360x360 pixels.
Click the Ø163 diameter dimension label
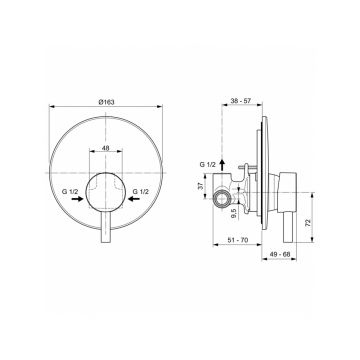106,102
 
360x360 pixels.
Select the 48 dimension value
106,148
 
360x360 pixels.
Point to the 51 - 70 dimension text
238,240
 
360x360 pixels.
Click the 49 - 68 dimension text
280,254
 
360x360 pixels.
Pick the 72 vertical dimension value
308,223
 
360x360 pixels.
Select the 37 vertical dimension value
201,186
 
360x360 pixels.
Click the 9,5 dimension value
234,213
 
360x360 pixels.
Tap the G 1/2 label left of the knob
70,192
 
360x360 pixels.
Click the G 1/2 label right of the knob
140,192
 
